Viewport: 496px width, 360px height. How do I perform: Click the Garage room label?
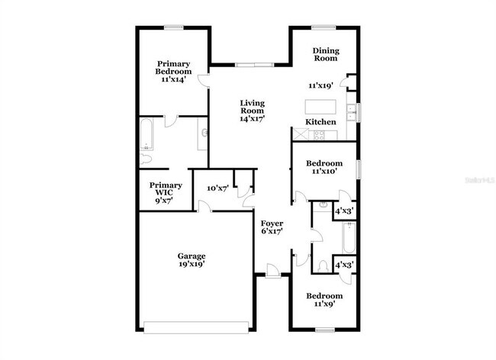point(192,256)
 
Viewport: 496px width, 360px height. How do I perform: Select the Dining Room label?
point(326,54)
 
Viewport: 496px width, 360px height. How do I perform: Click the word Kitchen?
point(321,122)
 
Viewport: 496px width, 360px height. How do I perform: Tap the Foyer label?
point(272,223)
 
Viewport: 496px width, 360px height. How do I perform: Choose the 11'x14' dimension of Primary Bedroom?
point(173,79)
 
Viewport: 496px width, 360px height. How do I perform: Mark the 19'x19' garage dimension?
point(192,264)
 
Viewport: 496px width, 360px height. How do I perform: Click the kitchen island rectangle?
point(320,106)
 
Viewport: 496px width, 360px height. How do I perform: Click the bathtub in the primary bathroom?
point(146,135)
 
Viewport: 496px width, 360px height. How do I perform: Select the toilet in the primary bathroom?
point(146,159)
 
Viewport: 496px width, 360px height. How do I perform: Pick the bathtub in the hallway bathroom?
point(348,237)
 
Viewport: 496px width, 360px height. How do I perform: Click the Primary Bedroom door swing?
point(204,81)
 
